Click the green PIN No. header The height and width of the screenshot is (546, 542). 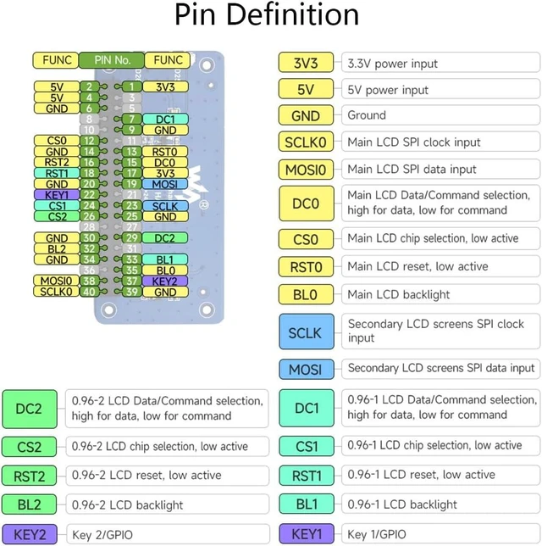112,60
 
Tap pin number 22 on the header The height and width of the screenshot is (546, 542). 89,195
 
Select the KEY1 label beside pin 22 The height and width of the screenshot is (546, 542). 57,195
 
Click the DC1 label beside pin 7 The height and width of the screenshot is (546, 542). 165,120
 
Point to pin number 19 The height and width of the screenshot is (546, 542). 132,184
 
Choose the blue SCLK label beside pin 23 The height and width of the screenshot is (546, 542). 165,206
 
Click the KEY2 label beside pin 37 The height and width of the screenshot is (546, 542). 165,281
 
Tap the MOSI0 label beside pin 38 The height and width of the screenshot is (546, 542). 57,281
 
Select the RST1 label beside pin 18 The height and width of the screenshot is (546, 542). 57,173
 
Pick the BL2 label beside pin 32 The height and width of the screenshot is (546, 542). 57,248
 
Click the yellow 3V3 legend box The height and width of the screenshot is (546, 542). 306,63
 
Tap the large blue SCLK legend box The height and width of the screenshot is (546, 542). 306,331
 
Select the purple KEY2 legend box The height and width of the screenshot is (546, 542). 30,534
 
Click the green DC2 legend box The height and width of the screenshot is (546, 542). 30,409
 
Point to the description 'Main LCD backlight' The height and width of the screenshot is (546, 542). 399,294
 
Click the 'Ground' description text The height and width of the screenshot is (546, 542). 367,115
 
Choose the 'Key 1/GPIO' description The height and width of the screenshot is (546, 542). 377,534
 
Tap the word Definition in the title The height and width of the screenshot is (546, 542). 293,14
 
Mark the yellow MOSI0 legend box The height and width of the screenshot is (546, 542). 306,170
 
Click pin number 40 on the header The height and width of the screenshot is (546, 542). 89,292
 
